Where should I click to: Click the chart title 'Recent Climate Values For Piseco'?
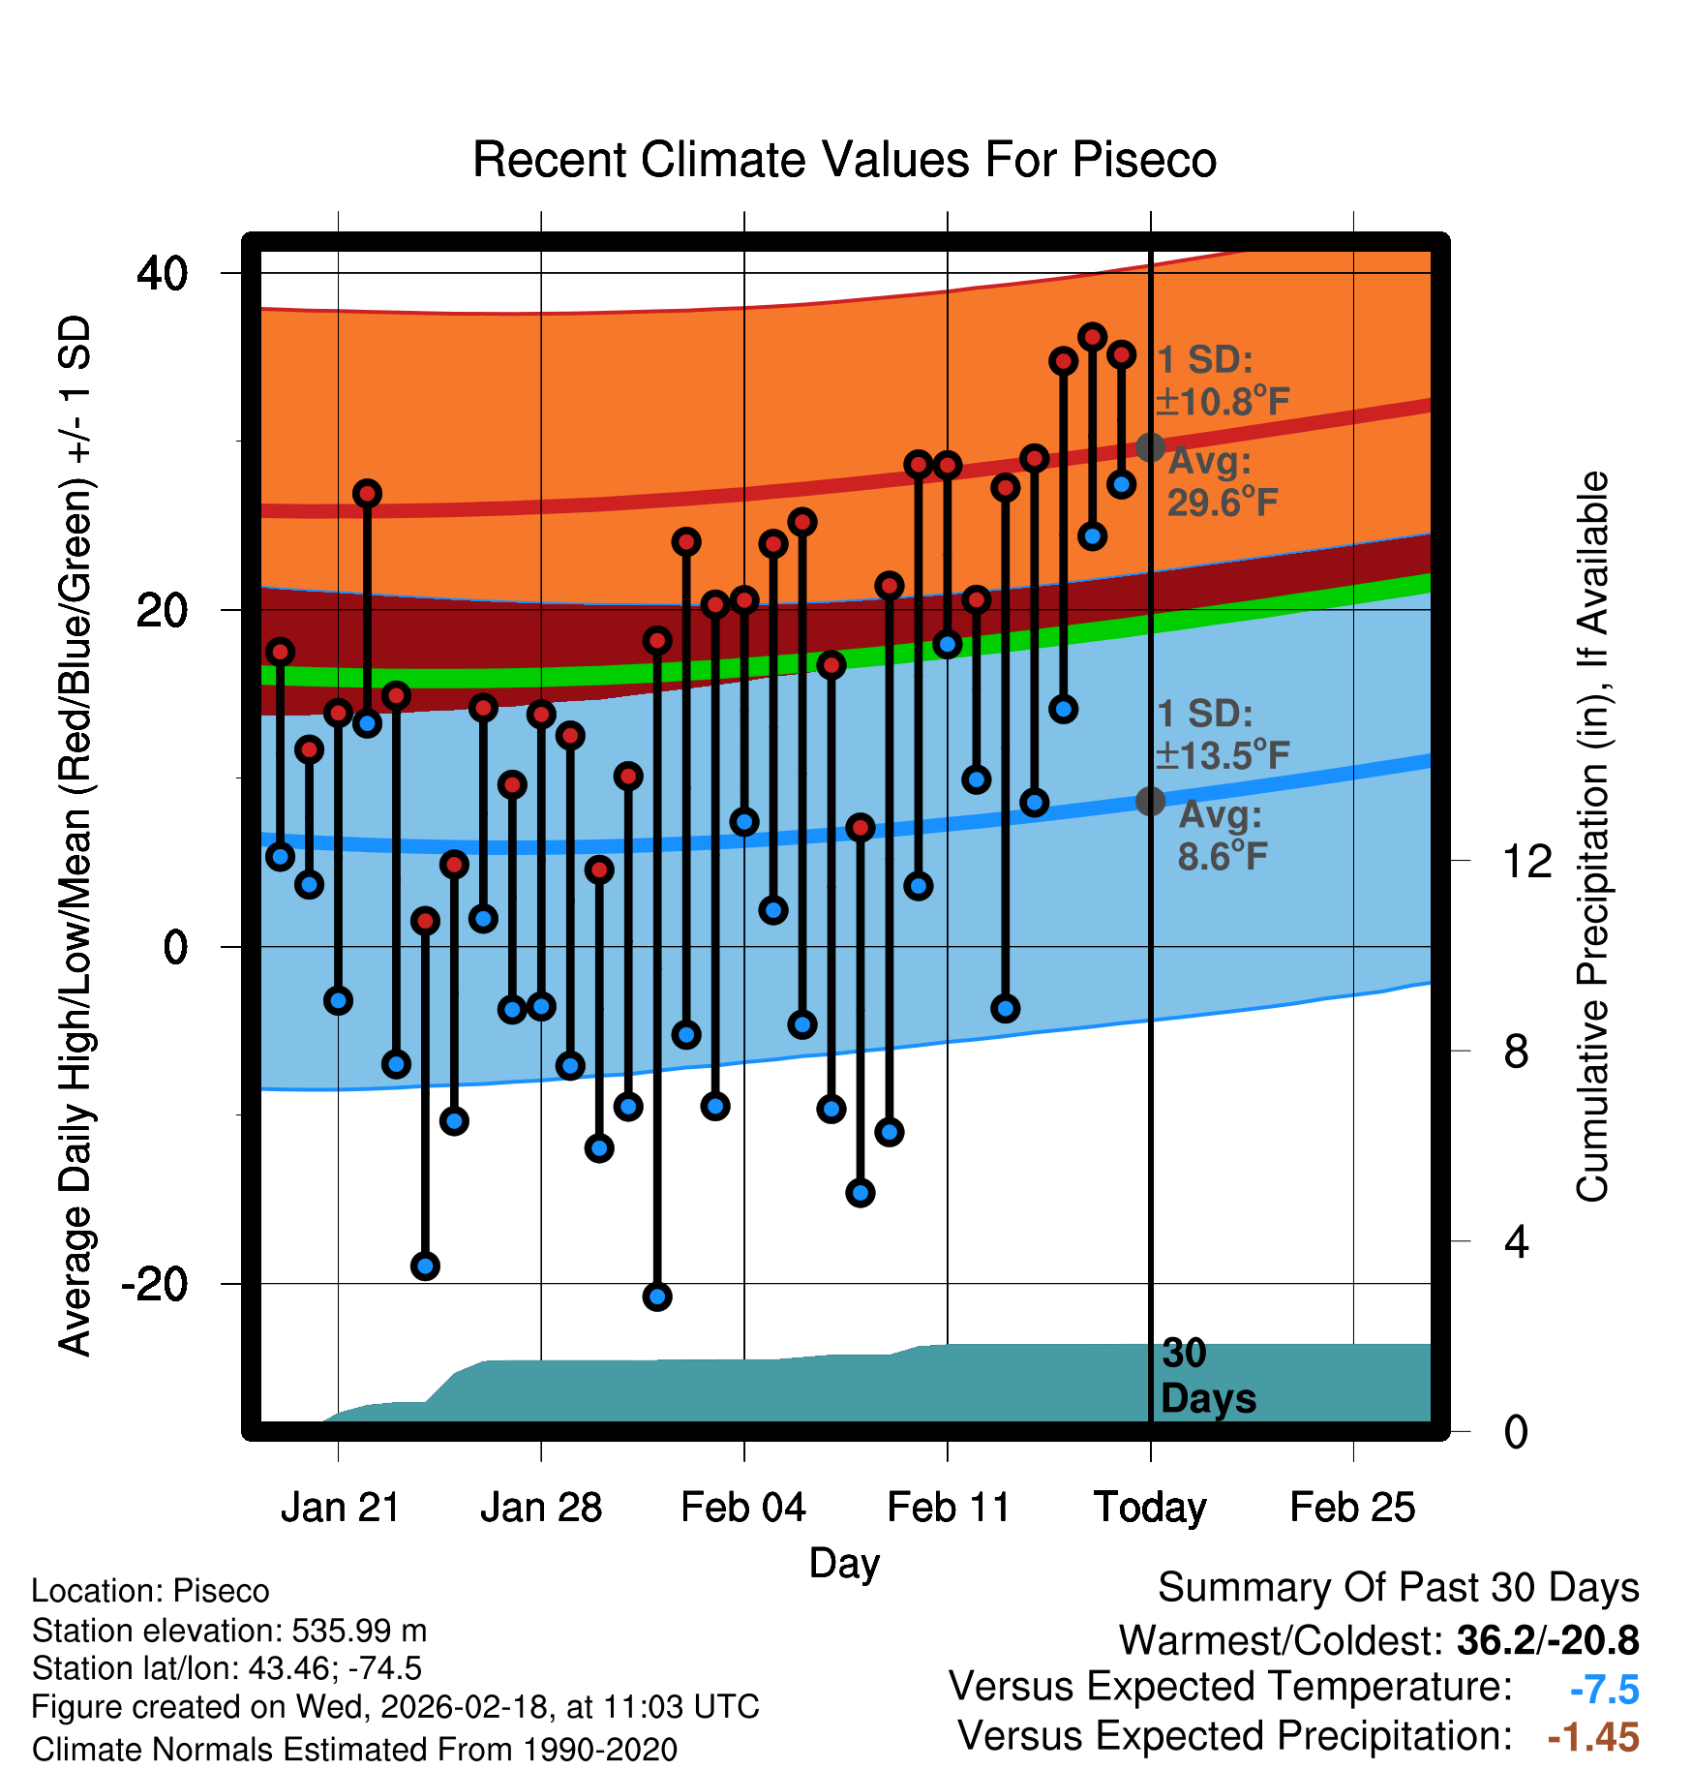pyautogui.click(x=844, y=160)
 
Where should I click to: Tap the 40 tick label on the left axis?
pyautogui.click(x=162, y=274)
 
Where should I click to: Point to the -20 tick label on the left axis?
pyautogui.click(x=154, y=1285)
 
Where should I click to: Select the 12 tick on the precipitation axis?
pyautogui.click(x=1527, y=861)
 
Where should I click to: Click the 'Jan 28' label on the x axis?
pyautogui.click(x=541, y=1508)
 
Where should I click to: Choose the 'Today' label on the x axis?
pyautogui.click(x=1150, y=1508)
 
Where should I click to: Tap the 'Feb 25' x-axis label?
pyautogui.click(x=1352, y=1508)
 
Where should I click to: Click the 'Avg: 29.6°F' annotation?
pyautogui.click(x=1222, y=482)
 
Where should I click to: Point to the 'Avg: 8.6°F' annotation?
pyautogui.click(x=1222, y=836)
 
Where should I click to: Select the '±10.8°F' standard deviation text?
pyautogui.click(x=1224, y=401)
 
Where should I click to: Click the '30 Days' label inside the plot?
pyautogui.click(x=1207, y=1376)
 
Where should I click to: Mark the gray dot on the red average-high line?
pyautogui.click(x=1150, y=447)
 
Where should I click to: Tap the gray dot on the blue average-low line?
pyautogui.click(x=1150, y=801)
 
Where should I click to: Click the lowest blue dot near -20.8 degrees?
pyautogui.click(x=657, y=1297)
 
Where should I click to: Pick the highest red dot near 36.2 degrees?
pyautogui.click(x=1092, y=337)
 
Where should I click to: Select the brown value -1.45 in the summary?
pyautogui.click(x=1592, y=1737)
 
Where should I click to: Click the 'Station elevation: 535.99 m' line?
pyautogui.click(x=229, y=1631)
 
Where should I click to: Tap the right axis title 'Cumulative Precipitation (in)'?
pyautogui.click(x=1592, y=838)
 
